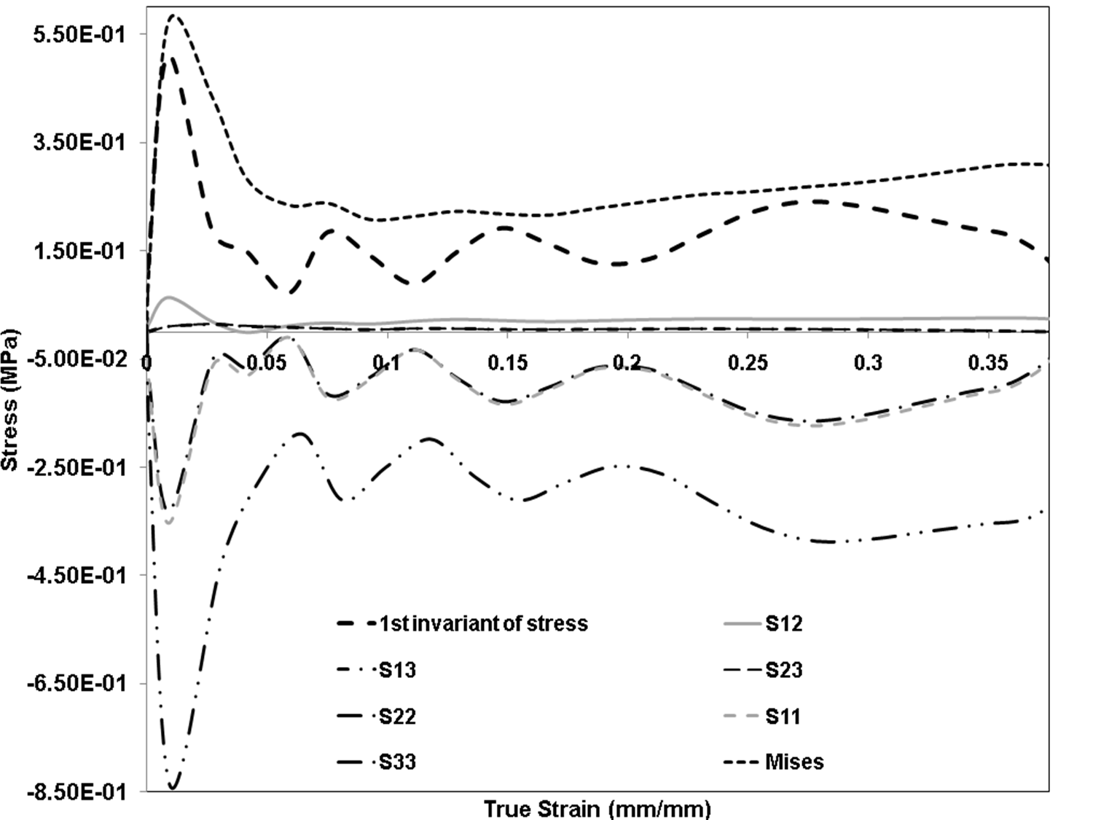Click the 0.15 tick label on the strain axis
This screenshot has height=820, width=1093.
(507, 363)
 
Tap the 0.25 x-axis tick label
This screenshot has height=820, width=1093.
(748, 363)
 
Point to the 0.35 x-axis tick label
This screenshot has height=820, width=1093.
(988, 363)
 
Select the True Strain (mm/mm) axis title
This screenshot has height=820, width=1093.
(597, 808)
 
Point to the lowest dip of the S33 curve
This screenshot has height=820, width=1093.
(173, 787)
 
